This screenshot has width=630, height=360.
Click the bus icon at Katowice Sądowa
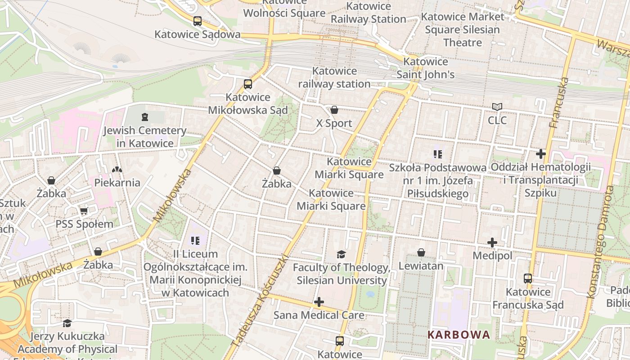click(x=197, y=21)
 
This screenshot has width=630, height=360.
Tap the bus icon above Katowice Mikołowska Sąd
click(x=247, y=84)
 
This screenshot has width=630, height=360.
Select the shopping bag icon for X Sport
click(x=334, y=110)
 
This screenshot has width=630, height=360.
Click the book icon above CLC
click(x=497, y=107)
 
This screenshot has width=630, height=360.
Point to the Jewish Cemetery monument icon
click(x=144, y=117)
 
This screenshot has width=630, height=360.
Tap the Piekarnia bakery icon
click(x=117, y=170)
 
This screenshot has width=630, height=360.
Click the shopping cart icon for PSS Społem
click(x=84, y=211)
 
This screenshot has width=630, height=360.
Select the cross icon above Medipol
click(x=492, y=243)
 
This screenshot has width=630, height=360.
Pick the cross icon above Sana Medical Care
click(x=319, y=301)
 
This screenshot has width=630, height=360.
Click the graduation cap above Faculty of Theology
click(x=341, y=254)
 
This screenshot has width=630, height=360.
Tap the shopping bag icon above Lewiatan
click(x=421, y=252)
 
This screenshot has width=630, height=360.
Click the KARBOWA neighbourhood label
click(x=459, y=335)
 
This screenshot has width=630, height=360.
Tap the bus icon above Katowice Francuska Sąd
click(x=528, y=279)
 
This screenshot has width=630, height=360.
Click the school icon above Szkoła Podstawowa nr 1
click(x=437, y=154)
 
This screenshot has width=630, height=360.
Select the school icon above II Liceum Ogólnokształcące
click(x=195, y=241)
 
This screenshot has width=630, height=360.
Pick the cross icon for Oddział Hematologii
click(x=540, y=154)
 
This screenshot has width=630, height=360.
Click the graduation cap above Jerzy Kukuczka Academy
click(x=67, y=323)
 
